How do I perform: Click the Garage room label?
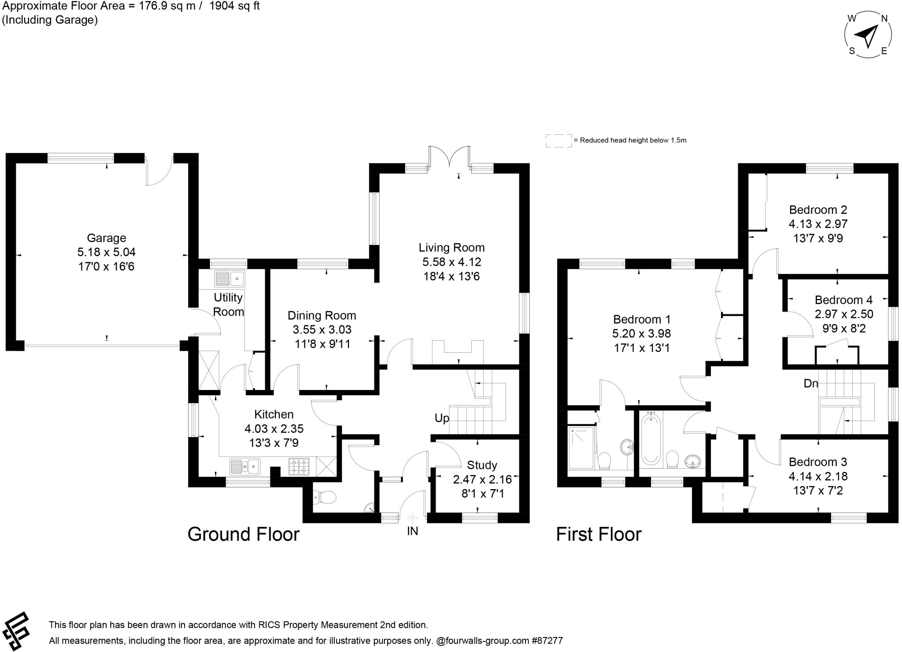(106, 238)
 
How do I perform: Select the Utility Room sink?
(229, 279)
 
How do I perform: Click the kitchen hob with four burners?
(299, 467)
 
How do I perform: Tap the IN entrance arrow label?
(412, 531)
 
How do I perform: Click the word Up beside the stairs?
(442, 418)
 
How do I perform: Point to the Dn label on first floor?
(810, 383)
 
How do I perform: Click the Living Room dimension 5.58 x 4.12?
(451, 262)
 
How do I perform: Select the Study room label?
(482, 465)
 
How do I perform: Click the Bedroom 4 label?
(843, 300)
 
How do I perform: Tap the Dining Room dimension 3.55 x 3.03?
(322, 329)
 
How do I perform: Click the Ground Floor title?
(243, 534)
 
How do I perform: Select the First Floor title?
(599, 534)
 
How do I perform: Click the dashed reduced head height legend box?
(558, 140)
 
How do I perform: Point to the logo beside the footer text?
(16, 631)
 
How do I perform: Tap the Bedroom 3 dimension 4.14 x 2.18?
(818, 476)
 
